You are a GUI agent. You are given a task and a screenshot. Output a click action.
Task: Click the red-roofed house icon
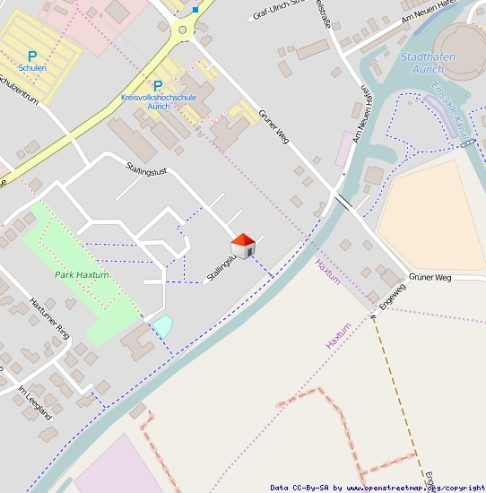pyautogui.click(x=243, y=245)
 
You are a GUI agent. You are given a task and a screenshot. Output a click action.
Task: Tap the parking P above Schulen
pyautogui.click(x=33, y=55)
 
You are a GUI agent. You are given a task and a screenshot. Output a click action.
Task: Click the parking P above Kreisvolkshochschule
pyautogui.click(x=158, y=86)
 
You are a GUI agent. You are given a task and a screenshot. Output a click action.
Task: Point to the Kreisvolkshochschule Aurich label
pyautogui.click(x=157, y=100)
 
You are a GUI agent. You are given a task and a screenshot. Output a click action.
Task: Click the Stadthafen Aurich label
pyautogui.click(x=427, y=62)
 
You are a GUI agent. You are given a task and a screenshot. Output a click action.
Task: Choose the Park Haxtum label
pyautogui.click(x=81, y=275)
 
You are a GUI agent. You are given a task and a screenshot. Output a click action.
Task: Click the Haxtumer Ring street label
pyautogui.click(x=48, y=317)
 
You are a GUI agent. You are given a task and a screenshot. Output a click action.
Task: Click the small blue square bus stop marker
pyautogui.click(x=195, y=10)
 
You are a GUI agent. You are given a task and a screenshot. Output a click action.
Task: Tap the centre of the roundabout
pyautogui.click(x=183, y=30)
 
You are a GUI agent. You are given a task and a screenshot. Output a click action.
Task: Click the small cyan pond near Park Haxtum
pyautogui.click(x=161, y=325)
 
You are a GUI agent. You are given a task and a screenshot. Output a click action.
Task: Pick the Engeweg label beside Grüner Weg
pyautogui.click(x=392, y=297)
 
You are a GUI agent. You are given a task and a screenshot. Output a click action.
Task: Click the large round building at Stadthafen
pyautogui.click(x=462, y=45)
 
